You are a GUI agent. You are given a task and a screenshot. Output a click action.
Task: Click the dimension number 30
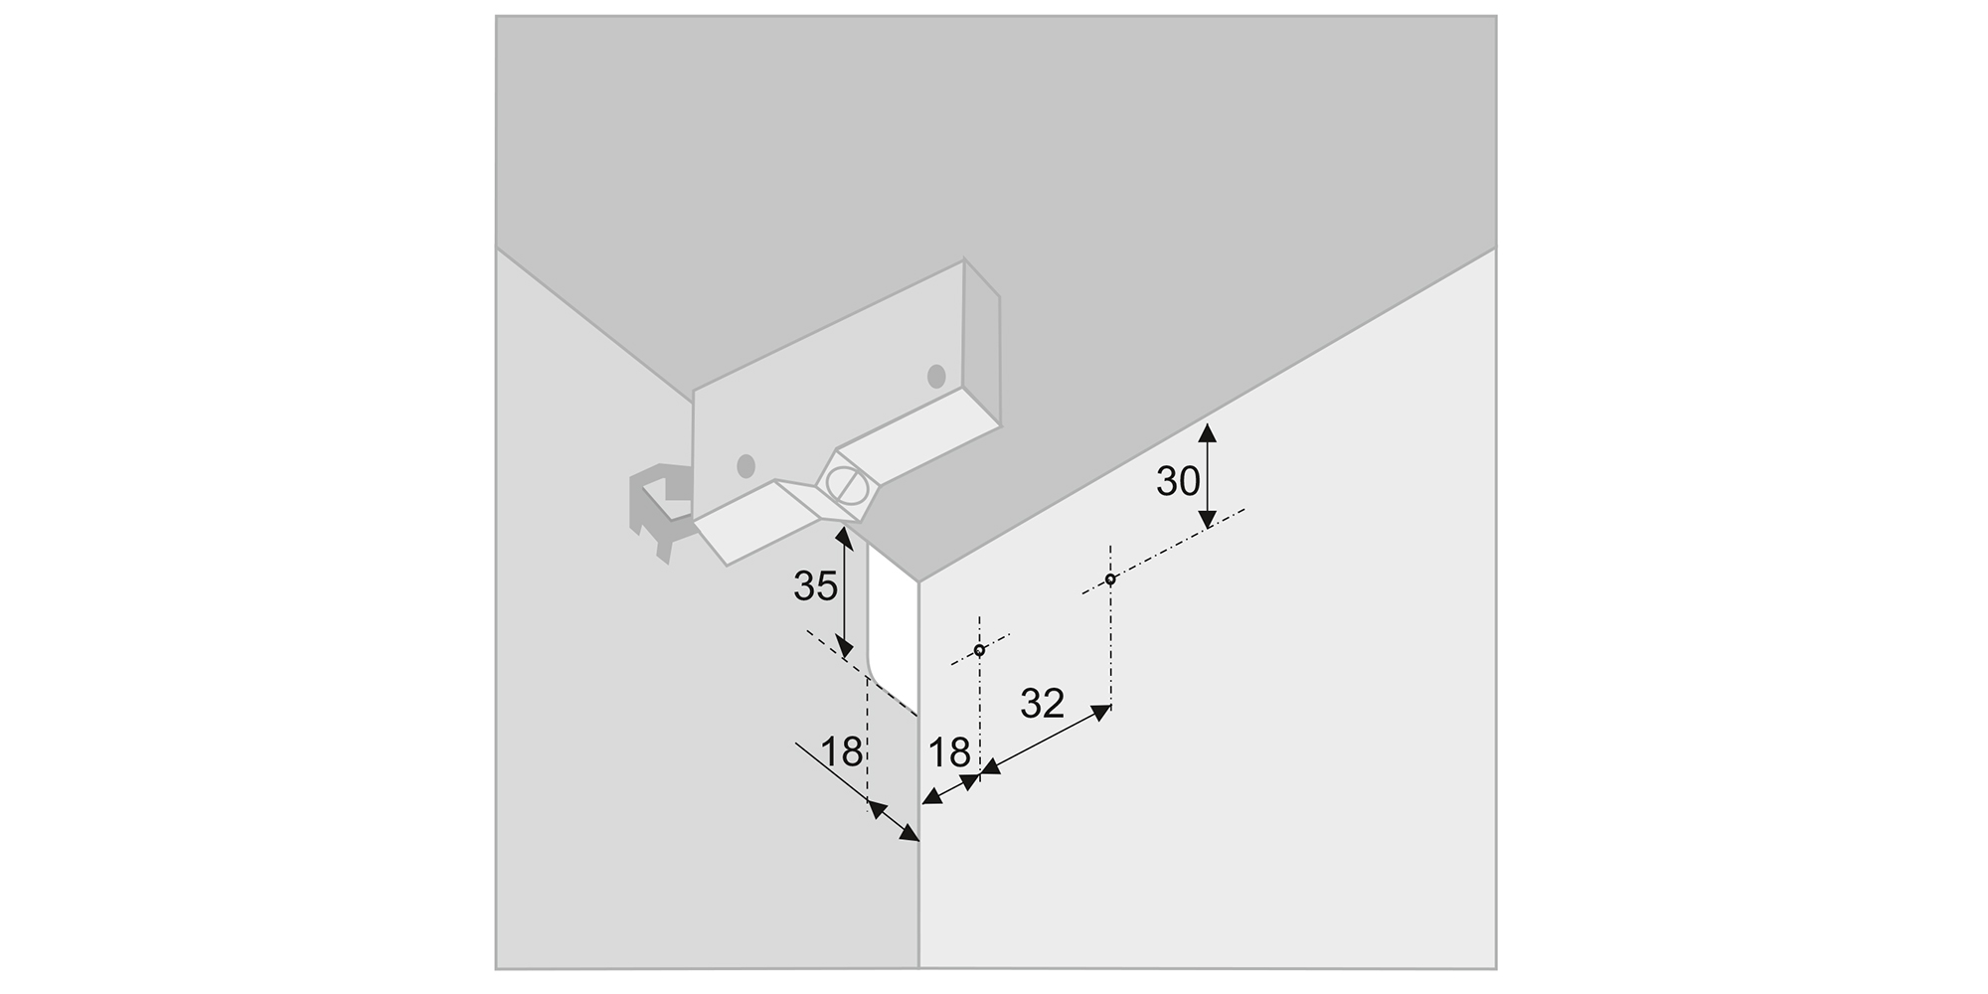pos(1178,481)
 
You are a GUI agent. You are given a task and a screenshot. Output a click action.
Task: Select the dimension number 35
pos(815,587)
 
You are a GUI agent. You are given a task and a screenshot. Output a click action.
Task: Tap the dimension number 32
pos(1043,704)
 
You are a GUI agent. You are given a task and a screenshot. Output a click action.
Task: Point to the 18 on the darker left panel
pos(842,752)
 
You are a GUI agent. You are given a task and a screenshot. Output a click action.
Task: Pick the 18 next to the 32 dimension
pos(949,752)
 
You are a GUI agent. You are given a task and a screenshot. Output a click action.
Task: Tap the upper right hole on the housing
pos(936,377)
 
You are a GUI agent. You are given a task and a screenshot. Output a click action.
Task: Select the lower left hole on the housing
pos(745,465)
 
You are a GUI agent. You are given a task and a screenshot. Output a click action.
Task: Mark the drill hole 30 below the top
pos(1110,580)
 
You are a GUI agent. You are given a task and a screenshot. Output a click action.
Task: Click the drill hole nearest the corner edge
pos(979,651)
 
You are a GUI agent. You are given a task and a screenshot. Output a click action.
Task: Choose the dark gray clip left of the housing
pos(659,512)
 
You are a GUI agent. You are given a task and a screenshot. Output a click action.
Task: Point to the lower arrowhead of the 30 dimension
pos(1207,518)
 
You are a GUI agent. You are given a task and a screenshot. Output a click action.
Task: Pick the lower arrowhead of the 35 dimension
pos(843,647)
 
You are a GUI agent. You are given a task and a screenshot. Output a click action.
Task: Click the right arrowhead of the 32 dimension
pos(1100,712)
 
